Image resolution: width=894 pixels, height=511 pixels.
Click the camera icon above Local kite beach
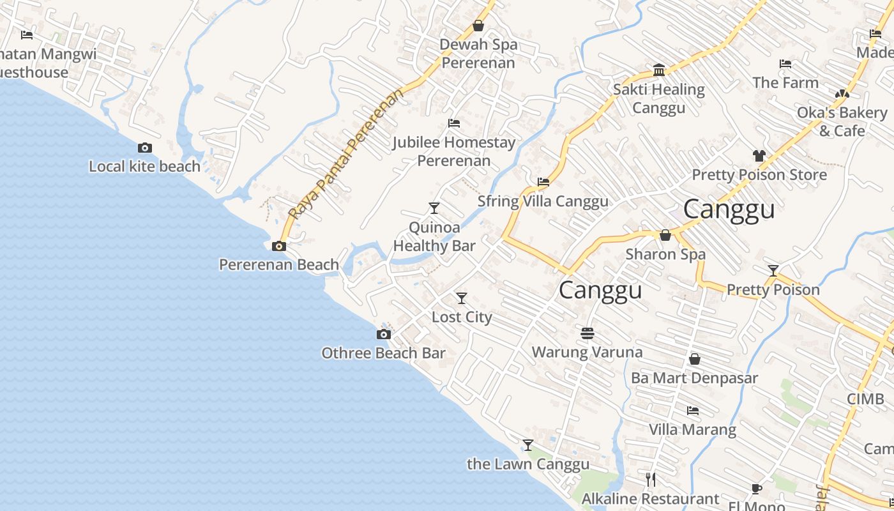tap(145, 148)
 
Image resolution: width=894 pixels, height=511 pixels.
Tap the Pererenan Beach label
tap(279, 264)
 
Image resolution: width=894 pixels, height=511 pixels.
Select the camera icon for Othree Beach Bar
tap(383, 335)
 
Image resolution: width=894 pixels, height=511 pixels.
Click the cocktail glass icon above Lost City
tap(461, 298)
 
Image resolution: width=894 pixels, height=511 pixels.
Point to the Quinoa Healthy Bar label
tap(434, 237)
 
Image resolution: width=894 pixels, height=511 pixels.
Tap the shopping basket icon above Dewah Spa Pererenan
tap(478, 26)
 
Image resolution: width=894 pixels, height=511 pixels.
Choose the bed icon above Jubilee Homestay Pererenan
tap(454, 123)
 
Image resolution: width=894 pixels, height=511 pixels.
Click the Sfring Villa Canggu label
tap(543, 201)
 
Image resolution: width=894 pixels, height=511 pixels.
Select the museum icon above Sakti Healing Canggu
tap(659, 70)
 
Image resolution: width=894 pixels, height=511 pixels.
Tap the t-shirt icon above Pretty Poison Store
tap(759, 156)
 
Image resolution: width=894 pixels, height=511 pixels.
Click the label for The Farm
tap(785, 82)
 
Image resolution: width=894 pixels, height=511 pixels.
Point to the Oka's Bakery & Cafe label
tap(842, 121)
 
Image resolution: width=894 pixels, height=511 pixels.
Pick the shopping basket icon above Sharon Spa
tap(665, 236)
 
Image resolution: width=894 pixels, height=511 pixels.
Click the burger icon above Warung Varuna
tap(587, 333)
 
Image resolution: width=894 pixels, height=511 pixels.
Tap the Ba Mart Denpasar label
tap(694, 378)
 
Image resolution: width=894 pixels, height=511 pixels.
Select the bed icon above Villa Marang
tap(693, 411)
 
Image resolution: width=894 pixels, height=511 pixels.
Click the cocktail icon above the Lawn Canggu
tap(528, 445)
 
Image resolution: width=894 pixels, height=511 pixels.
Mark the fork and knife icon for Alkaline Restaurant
tap(651, 480)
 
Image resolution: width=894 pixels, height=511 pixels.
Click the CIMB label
tap(865, 399)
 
